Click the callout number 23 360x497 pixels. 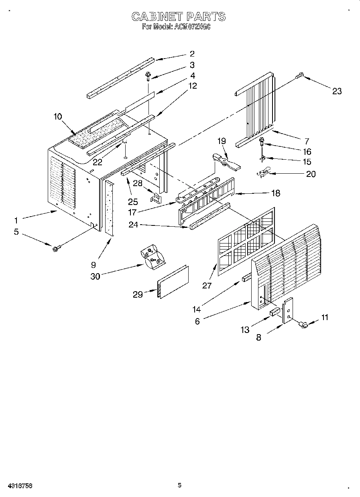(x=337, y=91)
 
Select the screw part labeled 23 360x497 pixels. (x=300, y=75)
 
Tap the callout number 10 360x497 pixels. (x=57, y=116)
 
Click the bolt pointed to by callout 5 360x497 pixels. (x=55, y=249)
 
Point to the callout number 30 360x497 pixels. (x=95, y=276)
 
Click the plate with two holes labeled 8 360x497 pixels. (x=287, y=310)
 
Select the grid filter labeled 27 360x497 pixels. (x=246, y=242)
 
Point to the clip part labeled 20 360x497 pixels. (x=263, y=173)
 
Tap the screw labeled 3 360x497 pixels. (x=148, y=75)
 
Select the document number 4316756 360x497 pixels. (x=16, y=485)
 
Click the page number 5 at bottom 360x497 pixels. (x=180, y=485)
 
